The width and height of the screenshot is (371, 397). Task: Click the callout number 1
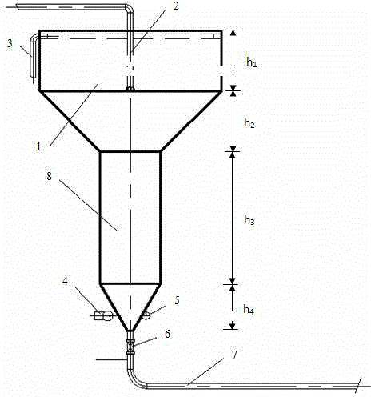pyautogui.click(x=39, y=146)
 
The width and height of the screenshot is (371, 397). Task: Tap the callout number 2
pyautogui.click(x=176, y=6)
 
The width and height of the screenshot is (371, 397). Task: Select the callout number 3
pyautogui.click(x=10, y=43)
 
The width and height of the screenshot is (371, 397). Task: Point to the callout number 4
pyautogui.click(x=65, y=281)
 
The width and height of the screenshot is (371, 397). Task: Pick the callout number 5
pyautogui.click(x=177, y=300)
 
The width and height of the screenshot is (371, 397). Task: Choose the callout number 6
pyautogui.click(x=167, y=334)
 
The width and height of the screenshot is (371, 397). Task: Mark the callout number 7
pyautogui.click(x=234, y=355)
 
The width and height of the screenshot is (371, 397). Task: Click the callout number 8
pyautogui.click(x=49, y=176)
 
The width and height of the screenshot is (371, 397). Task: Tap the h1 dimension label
pyautogui.click(x=252, y=62)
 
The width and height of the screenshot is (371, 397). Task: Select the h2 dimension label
pyautogui.click(x=249, y=123)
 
